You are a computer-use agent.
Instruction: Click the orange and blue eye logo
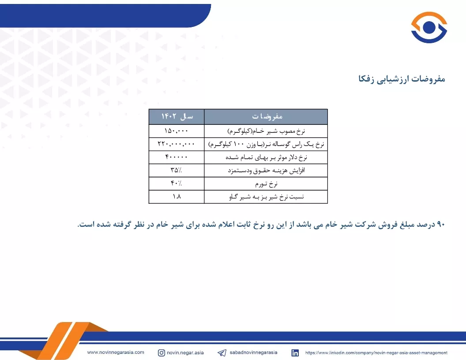[429, 27]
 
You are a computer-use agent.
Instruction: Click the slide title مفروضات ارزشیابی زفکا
[402, 79]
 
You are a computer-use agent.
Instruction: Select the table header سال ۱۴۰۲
[177, 116]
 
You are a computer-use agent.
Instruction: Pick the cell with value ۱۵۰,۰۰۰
[176, 131]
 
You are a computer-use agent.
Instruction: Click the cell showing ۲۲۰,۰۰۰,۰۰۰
[176, 144]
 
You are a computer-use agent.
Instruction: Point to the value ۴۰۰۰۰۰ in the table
[176, 157]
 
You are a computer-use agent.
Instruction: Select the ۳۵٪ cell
[176, 170]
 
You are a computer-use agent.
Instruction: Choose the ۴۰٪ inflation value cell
[176, 183]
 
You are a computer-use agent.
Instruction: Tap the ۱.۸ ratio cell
[177, 196]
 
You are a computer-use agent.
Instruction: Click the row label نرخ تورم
[266, 184]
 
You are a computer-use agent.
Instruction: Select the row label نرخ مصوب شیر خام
[266, 131]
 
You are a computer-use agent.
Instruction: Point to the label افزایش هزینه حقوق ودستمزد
[266, 170]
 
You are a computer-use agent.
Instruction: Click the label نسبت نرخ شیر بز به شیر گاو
[266, 197]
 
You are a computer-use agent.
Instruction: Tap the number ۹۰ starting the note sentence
[441, 224]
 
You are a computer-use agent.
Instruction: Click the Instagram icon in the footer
[162, 352]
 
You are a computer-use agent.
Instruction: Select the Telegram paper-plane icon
[222, 353]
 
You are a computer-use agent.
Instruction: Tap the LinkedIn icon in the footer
[295, 352]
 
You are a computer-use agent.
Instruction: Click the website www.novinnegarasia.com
[116, 352]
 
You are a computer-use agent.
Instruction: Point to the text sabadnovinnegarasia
[253, 352]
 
